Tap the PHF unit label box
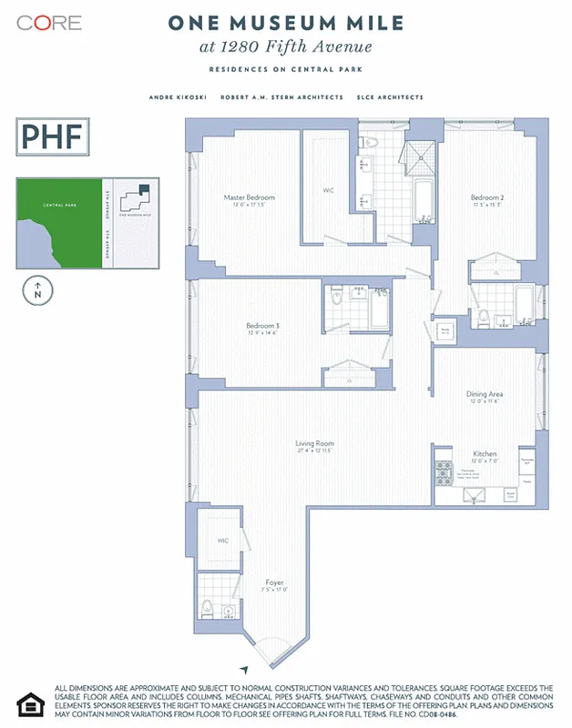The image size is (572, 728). pyautogui.click(x=52, y=137)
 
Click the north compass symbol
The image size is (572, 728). pyautogui.click(x=36, y=292)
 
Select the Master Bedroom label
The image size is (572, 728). pyautogui.click(x=249, y=197)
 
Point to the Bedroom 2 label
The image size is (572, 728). pyautogui.click(x=485, y=197)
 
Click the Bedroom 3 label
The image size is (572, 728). pyautogui.click(x=263, y=326)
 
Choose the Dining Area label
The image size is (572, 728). pyautogui.click(x=485, y=394)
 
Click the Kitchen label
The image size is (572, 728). pyautogui.click(x=484, y=453)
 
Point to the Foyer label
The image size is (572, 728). pyautogui.click(x=274, y=582)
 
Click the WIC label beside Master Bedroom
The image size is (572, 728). pyautogui.click(x=329, y=190)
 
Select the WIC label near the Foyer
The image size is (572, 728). pyautogui.click(x=222, y=541)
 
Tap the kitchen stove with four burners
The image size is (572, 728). pyautogui.click(x=444, y=473)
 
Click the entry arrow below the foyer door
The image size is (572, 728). pyautogui.click(x=242, y=667)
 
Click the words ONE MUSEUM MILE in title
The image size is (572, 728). pyautogui.click(x=285, y=25)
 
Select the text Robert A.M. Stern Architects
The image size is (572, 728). pyautogui.click(x=281, y=97)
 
